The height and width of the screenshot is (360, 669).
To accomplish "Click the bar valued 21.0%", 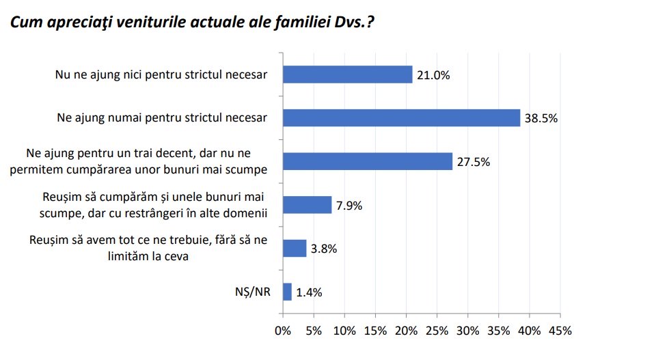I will [347, 74].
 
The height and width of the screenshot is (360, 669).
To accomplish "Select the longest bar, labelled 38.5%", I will [401, 117].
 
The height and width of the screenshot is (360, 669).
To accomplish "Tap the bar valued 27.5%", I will [367, 161].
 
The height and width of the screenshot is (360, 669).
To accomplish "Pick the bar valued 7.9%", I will [307, 205].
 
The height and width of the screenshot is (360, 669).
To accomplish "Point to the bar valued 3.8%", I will [295, 248].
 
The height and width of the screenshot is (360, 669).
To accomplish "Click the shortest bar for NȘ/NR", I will [287, 292].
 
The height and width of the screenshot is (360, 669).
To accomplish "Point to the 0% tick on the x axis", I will [282, 331].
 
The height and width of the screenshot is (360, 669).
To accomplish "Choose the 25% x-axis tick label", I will [437, 331].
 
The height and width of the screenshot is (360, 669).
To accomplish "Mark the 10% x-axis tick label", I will [344, 331].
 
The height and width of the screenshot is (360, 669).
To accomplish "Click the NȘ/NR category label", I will [254, 292].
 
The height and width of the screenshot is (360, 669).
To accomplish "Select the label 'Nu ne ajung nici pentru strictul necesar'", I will [161, 74].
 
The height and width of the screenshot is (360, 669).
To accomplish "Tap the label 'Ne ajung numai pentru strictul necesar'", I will [162, 117].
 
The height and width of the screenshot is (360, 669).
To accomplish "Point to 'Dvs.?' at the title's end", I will [355, 22].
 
